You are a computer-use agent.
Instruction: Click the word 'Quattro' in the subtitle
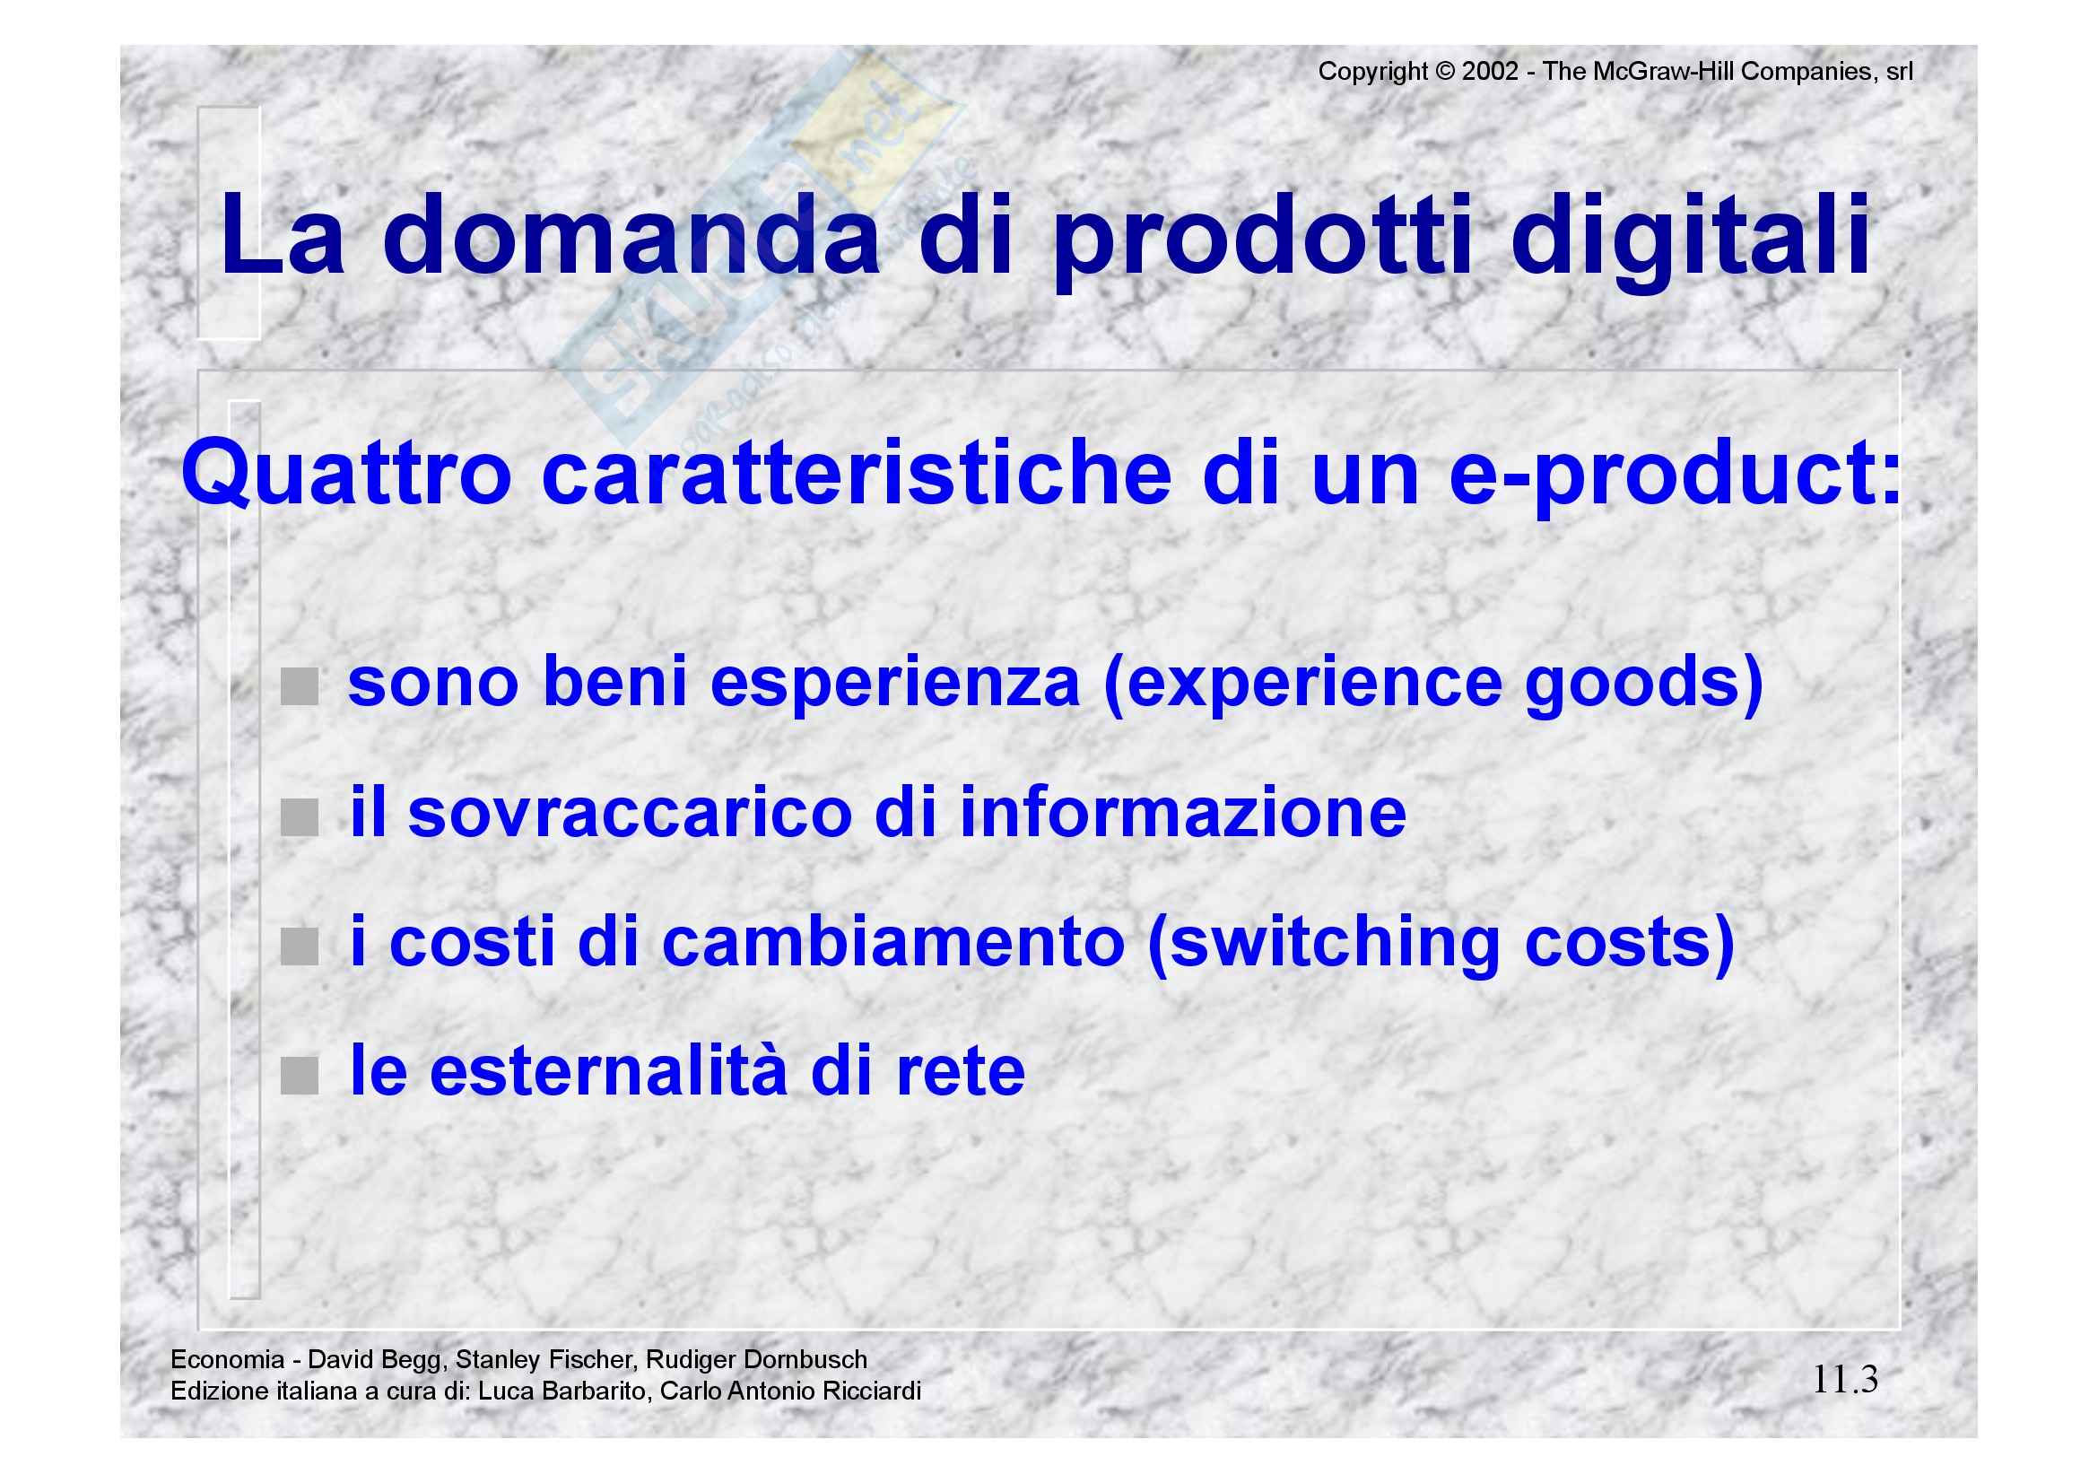click(x=345, y=474)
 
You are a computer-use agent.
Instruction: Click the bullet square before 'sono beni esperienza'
click(x=299, y=687)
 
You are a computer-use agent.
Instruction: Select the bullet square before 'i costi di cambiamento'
click(x=299, y=947)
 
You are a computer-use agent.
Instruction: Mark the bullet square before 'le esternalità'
click(x=299, y=1076)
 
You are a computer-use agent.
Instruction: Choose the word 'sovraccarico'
click(x=630, y=813)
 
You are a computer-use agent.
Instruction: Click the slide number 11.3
click(x=1845, y=1379)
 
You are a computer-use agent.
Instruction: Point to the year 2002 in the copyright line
click(x=1490, y=71)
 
